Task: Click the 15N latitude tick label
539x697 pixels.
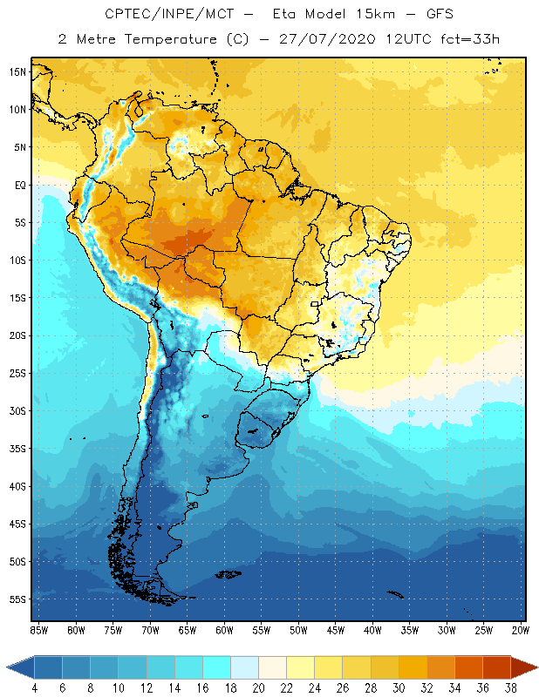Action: click(17, 71)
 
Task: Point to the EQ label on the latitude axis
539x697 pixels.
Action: click(18, 185)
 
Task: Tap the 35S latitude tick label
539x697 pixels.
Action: click(17, 448)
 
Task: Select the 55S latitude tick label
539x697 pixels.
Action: click(17, 599)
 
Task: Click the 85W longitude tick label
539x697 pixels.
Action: click(38, 630)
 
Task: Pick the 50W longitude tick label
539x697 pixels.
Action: click(298, 630)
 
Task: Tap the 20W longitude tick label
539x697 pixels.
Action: click(521, 630)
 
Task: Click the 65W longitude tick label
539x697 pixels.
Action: click(187, 630)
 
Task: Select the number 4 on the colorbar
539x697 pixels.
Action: click(34, 687)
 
